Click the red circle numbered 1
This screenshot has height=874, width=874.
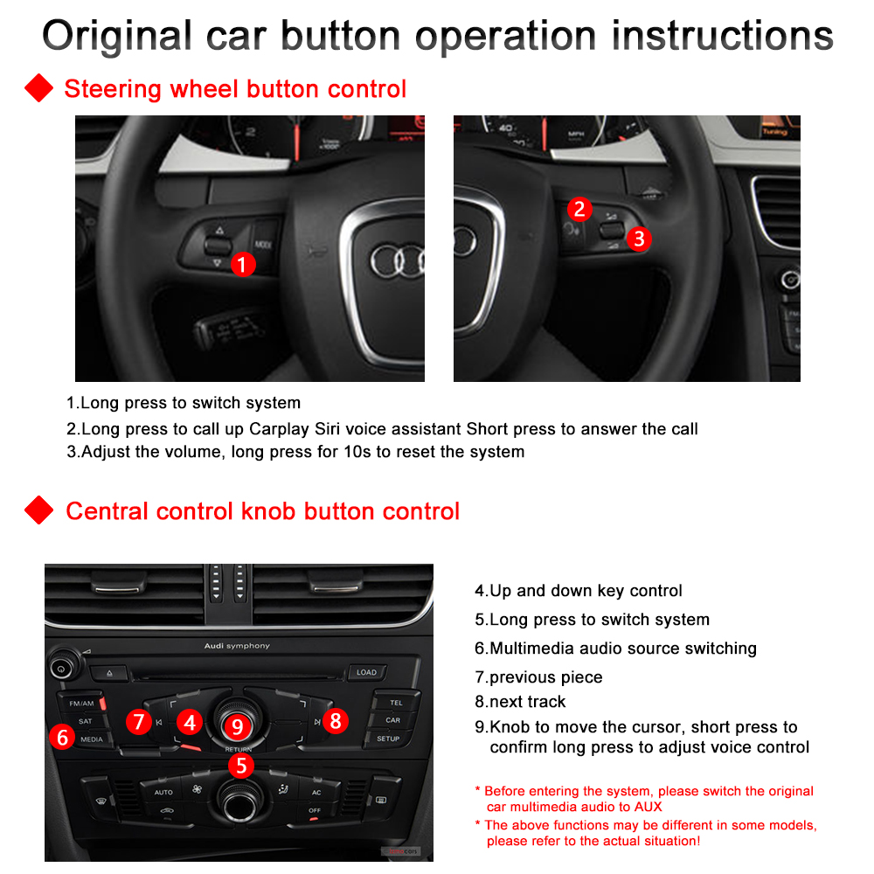(x=243, y=264)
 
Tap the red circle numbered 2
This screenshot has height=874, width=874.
(x=579, y=209)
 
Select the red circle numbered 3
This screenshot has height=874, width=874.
(x=639, y=238)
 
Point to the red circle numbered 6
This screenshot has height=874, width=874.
(x=62, y=737)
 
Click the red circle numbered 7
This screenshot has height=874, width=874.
(x=138, y=722)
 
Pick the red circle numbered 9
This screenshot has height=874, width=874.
(x=237, y=725)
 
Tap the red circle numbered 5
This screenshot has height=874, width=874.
(x=240, y=766)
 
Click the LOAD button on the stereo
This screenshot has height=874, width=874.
(x=366, y=672)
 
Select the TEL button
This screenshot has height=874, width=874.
(x=395, y=703)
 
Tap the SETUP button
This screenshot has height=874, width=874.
(x=388, y=739)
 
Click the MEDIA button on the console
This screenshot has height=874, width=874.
(x=92, y=739)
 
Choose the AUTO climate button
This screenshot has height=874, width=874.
(x=163, y=792)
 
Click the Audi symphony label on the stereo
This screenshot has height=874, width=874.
(x=237, y=646)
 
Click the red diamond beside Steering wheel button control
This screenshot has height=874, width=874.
(x=38, y=88)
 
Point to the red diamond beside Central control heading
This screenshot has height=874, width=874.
(x=38, y=510)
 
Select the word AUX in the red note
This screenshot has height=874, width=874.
(x=647, y=807)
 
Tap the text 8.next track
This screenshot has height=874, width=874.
(x=520, y=702)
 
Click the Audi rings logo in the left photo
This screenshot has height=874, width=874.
(x=399, y=259)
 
